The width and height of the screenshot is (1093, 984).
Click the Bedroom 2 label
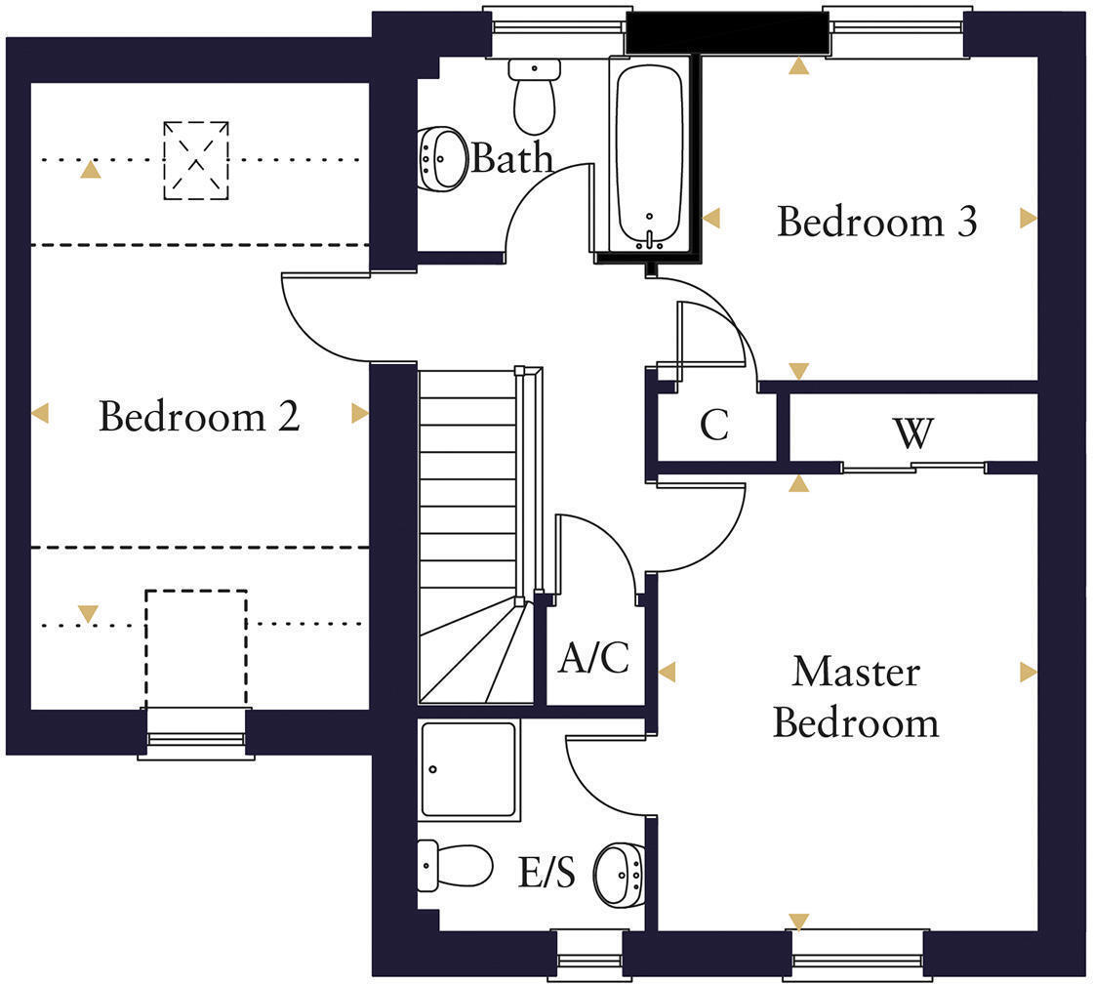(199, 417)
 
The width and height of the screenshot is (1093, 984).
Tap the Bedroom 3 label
(876, 222)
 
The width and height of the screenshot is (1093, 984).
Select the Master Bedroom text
(856, 697)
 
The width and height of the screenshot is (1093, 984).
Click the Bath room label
(511, 158)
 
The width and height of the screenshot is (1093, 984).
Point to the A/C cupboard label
(593, 659)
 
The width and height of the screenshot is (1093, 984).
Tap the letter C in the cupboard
(714, 426)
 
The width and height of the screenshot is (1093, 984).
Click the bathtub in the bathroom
(649, 151)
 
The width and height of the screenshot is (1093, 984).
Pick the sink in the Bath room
(443, 156)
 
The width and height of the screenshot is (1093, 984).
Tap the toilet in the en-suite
(455, 865)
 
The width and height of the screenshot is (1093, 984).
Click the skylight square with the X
(196, 160)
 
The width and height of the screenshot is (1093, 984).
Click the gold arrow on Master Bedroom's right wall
(1027, 672)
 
